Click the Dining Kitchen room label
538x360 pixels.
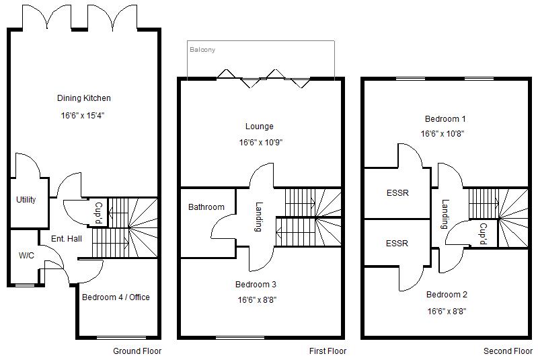83,98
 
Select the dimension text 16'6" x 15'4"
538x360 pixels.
83,116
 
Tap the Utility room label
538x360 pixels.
26,200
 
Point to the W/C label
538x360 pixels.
26,256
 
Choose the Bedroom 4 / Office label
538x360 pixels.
116,297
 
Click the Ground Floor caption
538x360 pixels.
137,351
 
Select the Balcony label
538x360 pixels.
202,50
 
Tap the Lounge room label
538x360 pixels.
260,126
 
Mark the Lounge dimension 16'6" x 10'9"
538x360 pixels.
260,143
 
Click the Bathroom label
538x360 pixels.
206,207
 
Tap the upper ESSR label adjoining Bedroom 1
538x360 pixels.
397,193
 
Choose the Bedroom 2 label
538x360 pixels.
447,294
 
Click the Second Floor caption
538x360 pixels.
508,351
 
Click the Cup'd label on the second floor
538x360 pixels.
483,233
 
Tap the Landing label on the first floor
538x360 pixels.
258,218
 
